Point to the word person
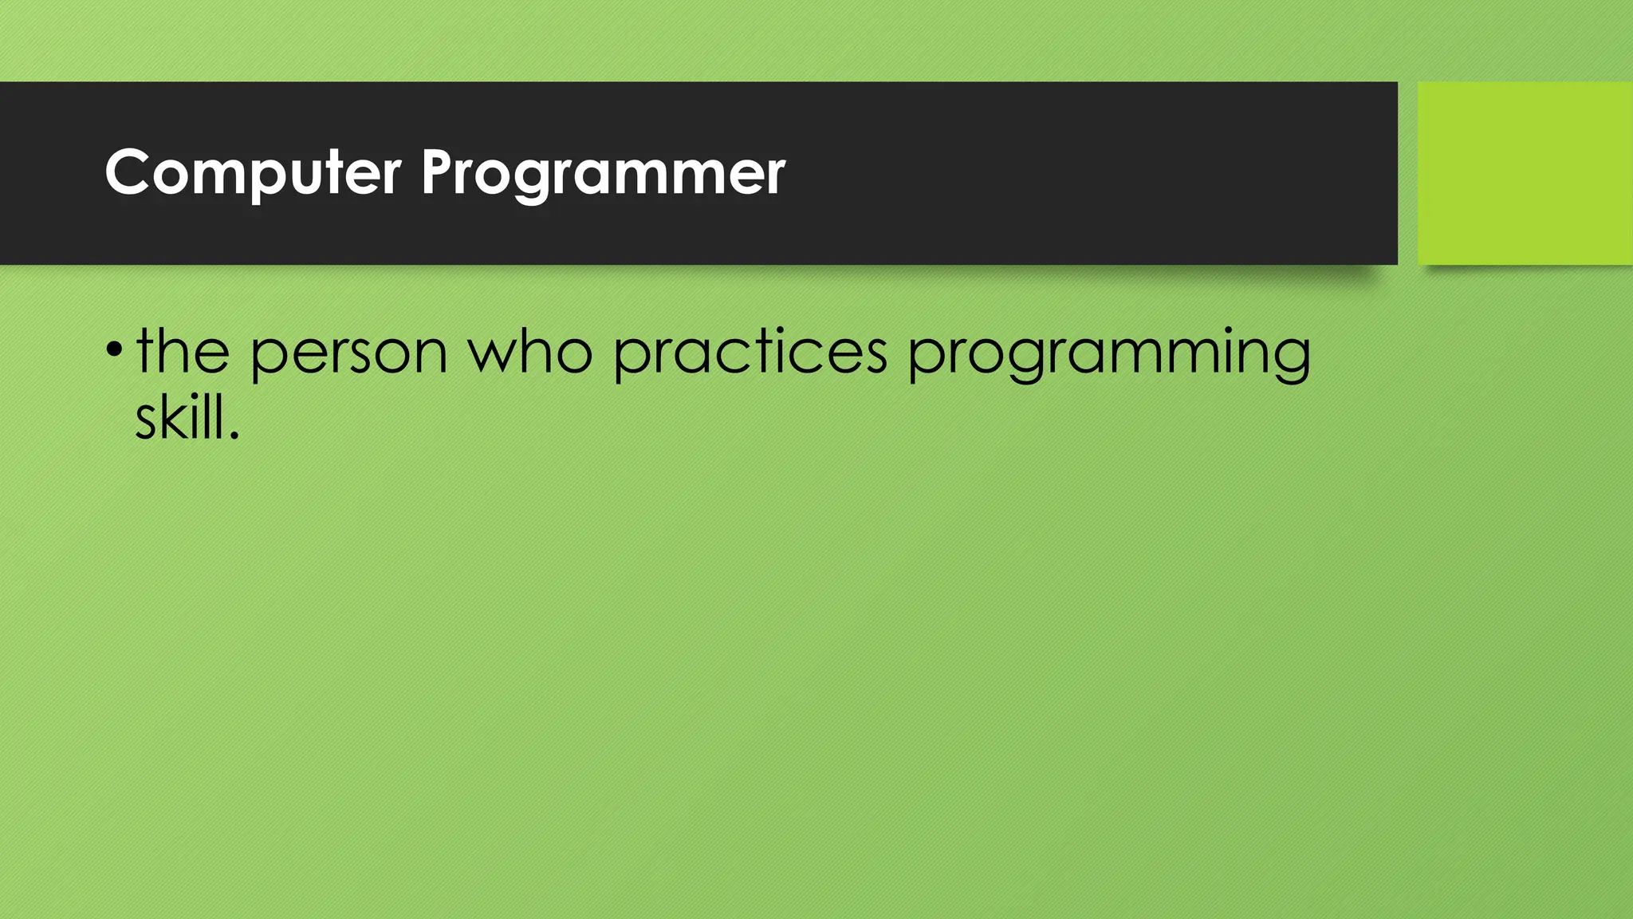click(x=348, y=353)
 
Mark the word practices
click(x=750, y=353)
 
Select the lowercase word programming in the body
click(x=1109, y=353)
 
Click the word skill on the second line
click(x=180, y=418)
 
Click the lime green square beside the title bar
click(x=1525, y=172)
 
